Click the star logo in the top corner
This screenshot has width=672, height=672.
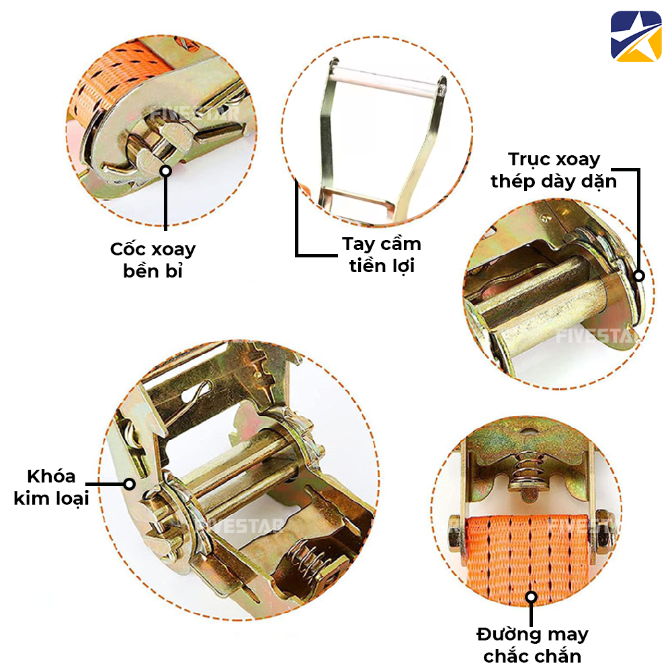pos(636,36)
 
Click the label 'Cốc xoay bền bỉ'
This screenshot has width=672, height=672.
pos(153,259)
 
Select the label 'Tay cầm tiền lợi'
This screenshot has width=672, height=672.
pos(381,254)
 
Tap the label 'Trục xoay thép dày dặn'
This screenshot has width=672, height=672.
pos(554,170)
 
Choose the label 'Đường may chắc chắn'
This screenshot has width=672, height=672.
pos(532,644)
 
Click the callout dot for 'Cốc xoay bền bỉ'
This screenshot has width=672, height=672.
pos(165,171)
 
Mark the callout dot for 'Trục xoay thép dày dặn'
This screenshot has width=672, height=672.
pos(638,276)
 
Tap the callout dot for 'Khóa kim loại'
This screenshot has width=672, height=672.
pos(129,483)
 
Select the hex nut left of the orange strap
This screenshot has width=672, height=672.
pos(454,535)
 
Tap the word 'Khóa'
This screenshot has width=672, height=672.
pos(51,476)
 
